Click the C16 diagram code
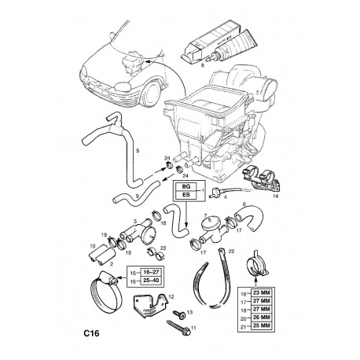point(91,333)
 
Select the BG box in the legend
point(186,187)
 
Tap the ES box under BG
point(186,195)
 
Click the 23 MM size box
point(262,292)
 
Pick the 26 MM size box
point(262,318)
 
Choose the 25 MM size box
point(262,325)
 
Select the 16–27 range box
point(152,272)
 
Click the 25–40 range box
point(152,281)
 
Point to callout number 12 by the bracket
point(171,297)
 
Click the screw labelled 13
point(180,314)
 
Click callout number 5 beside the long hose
point(138,151)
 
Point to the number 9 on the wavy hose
point(137,196)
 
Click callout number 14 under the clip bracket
point(275,196)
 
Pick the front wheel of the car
point(151,93)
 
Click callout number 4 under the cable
point(226,197)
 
